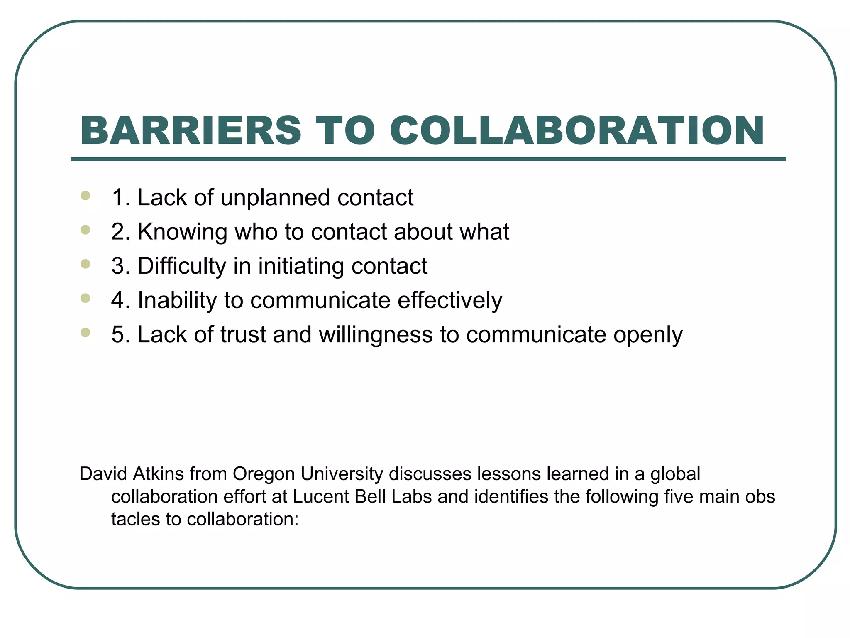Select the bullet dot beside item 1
point(85,196)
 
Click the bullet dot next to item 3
point(85,264)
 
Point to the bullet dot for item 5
point(85,332)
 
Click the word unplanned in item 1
point(275,198)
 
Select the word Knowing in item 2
point(182,232)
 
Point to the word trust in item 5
point(243,334)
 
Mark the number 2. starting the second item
point(121,232)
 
